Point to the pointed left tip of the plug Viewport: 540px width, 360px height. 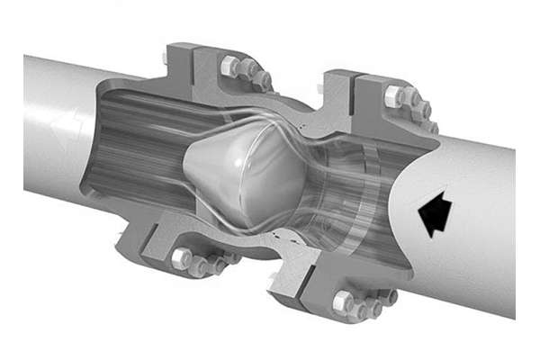186,169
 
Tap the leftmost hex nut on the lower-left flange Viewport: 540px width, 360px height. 181,259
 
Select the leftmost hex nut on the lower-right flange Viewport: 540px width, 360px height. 342,301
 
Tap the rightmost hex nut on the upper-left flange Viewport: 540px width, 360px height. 262,81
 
